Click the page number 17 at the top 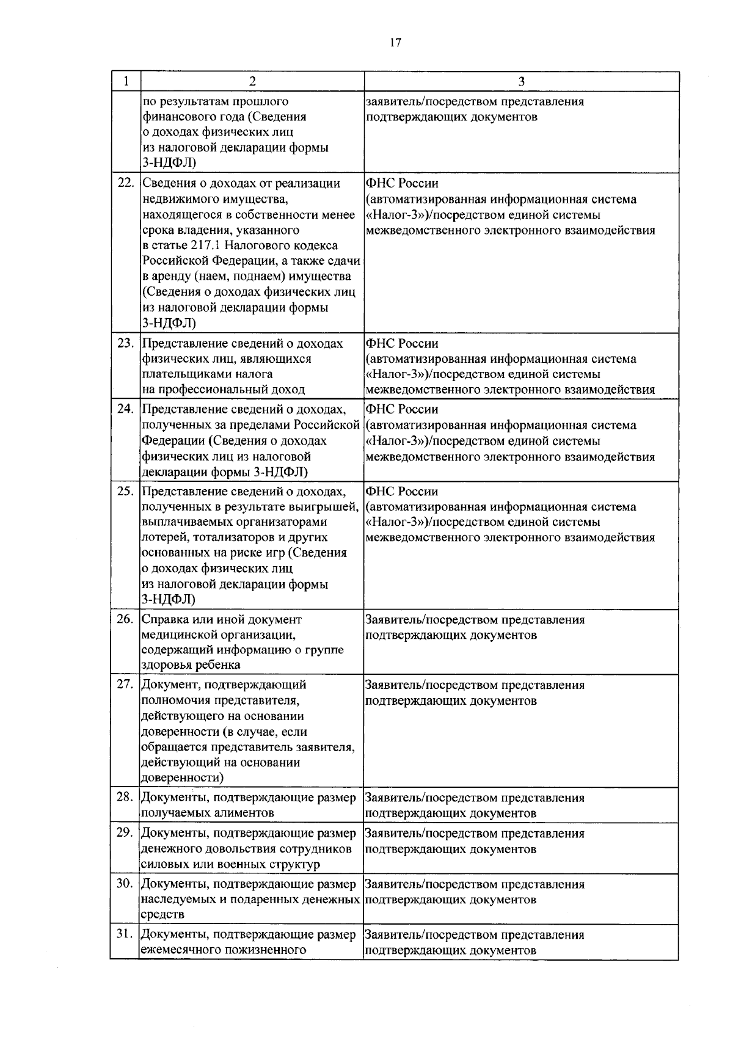395,42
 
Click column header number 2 252,82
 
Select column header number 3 521,82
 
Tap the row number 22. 125,183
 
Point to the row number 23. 125,343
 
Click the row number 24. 125,409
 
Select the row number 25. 125,492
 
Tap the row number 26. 125,619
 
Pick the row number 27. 125,685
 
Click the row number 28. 125,798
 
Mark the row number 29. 125,834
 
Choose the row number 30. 125,884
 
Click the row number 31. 125,935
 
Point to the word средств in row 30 162,915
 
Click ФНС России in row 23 401,343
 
